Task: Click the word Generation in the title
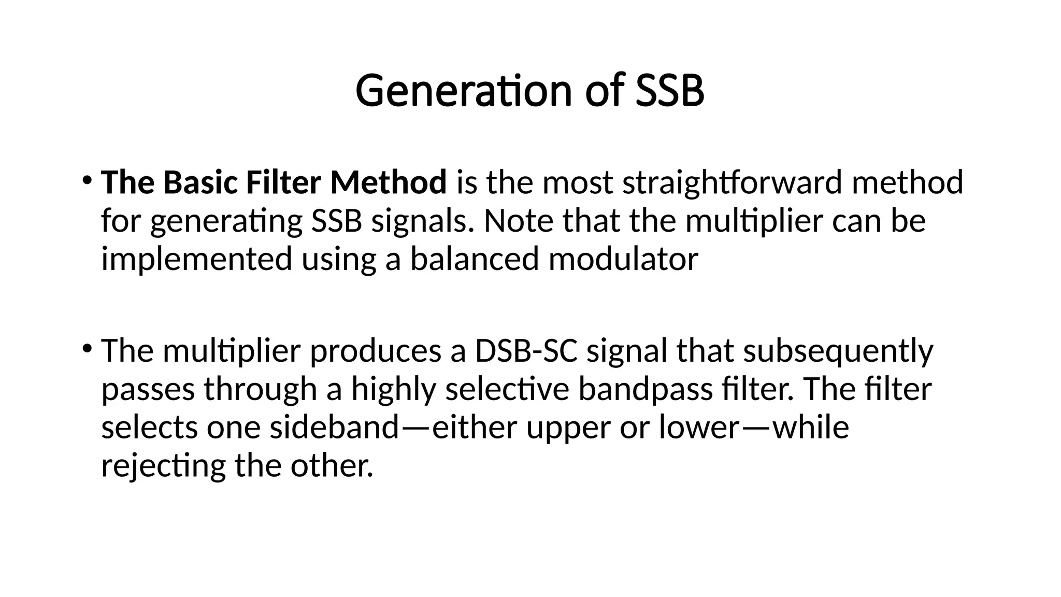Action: [x=463, y=91]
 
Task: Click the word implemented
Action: [x=196, y=259]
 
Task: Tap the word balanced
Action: [x=475, y=259]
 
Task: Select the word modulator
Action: [x=623, y=259]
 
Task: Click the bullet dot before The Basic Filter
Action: [x=87, y=180]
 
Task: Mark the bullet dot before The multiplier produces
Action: [x=87, y=348]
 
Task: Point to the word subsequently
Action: [x=838, y=351]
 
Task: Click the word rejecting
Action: [x=163, y=466]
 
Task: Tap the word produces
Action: [x=375, y=351]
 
